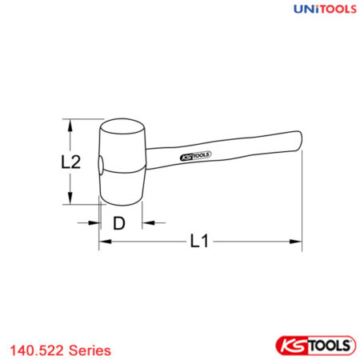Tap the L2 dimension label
click(71, 162)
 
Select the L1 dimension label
click(201, 239)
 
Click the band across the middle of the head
click(122, 170)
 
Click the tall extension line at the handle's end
click(301, 200)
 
